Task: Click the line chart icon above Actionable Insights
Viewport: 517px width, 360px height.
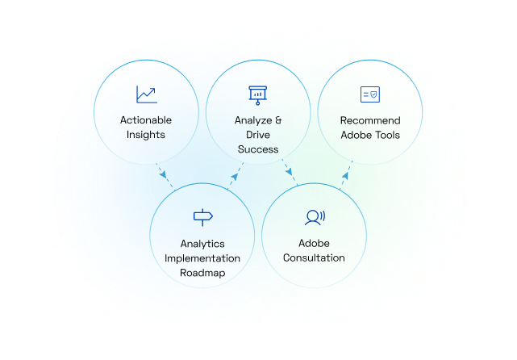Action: pyautogui.click(x=146, y=94)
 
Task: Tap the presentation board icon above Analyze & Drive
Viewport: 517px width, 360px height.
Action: pyautogui.click(x=258, y=94)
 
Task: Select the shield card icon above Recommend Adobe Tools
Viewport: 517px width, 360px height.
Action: pyautogui.click(x=370, y=94)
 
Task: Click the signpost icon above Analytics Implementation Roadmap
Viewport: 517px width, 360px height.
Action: pyautogui.click(x=202, y=216)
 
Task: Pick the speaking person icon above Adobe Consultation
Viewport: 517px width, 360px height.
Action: pyautogui.click(x=314, y=216)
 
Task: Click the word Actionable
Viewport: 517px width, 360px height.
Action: pyautogui.click(x=146, y=120)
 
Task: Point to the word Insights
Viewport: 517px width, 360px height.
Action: pyautogui.click(x=146, y=135)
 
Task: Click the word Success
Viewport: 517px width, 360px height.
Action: pyautogui.click(x=258, y=149)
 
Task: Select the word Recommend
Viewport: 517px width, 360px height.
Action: pyautogui.click(x=370, y=120)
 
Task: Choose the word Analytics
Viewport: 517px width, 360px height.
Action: pyautogui.click(x=202, y=244)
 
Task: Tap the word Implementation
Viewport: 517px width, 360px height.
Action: pyautogui.click(x=202, y=258)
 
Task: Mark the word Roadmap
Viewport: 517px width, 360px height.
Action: pyautogui.click(x=202, y=273)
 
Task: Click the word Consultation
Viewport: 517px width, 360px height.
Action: pyautogui.click(x=314, y=258)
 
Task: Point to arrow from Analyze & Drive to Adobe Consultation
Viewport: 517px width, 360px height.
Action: pyautogui.click(x=290, y=175)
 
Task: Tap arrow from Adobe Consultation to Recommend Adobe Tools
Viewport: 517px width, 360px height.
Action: pyautogui.click(x=344, y=175)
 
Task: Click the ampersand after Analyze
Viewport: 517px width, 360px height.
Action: pyautogui.click(x=278, y=120)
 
